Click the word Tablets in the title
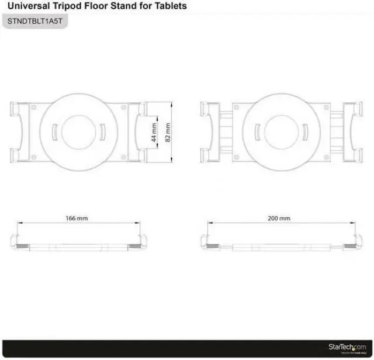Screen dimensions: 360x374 [x=169, y=6]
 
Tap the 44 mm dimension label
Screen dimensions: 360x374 [x=154, y=133]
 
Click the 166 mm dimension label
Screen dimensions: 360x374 [x=77, y=218]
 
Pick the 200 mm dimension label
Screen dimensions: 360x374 [x=279, y=218]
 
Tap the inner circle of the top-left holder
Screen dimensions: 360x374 [x=77, y=131]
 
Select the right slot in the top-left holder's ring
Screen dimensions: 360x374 [x=101, y=131]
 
